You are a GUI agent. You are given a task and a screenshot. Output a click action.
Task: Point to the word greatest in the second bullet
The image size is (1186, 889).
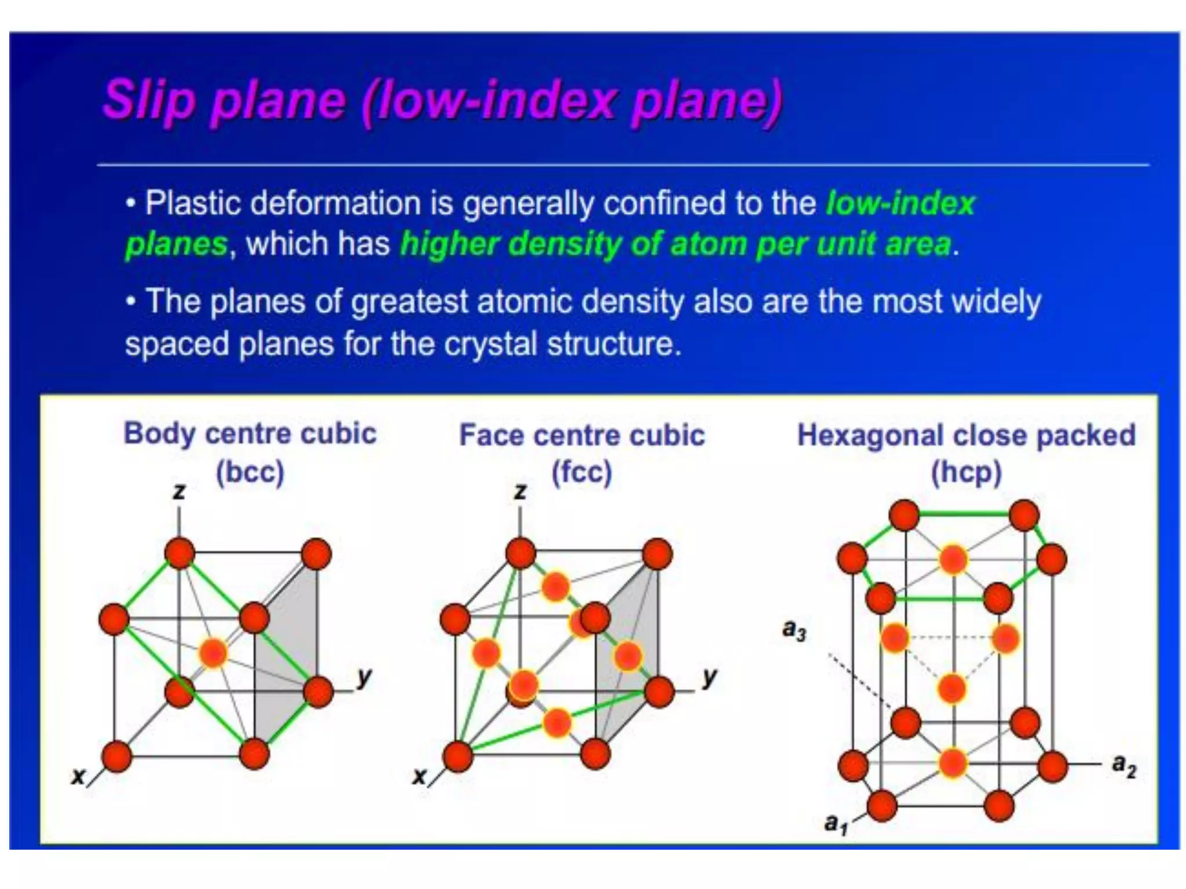(409, 302)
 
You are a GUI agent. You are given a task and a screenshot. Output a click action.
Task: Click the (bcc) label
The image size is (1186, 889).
(250, 472)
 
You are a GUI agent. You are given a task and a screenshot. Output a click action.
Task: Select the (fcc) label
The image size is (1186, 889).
(581, 472)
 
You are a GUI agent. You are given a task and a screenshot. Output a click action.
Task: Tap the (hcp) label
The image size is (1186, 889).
(965, 472)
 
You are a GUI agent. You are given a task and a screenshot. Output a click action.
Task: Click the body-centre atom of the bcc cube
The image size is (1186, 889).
(213, 653)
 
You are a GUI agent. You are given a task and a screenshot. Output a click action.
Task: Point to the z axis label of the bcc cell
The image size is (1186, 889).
(179, 491)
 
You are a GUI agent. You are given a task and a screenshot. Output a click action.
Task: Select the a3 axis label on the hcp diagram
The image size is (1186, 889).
(794, 629)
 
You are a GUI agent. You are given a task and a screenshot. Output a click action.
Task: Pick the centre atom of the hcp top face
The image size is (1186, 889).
(953, 559)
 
